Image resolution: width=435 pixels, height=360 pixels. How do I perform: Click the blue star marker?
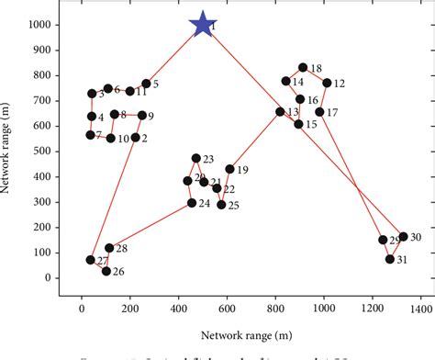(x=202, y=25)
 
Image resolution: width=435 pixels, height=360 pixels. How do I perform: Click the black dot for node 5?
(x=146, y=84)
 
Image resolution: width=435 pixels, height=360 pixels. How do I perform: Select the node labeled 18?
(x=303, y=67)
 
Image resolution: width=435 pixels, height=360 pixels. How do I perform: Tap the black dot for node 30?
(x=403, y=236)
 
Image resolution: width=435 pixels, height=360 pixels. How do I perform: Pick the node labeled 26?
(x=106, y=271)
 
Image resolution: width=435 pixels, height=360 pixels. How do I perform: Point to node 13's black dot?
(x=280, y=111)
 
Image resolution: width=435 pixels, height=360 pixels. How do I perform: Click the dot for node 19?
(x=229, y=169)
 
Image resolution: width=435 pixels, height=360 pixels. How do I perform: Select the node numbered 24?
(x=192, y=203)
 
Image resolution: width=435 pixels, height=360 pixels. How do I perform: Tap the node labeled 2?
(x=135, y=137)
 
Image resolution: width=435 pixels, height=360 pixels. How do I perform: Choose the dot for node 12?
(x=327, y=83)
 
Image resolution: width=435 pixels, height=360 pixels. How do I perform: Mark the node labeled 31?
(x=390, y=259)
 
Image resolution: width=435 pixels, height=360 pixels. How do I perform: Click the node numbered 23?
(x=195, y=158)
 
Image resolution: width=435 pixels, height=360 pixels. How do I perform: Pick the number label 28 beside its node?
(x=122, y=249)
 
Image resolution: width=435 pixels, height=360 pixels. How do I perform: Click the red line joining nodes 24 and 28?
(x=151, y=225)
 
